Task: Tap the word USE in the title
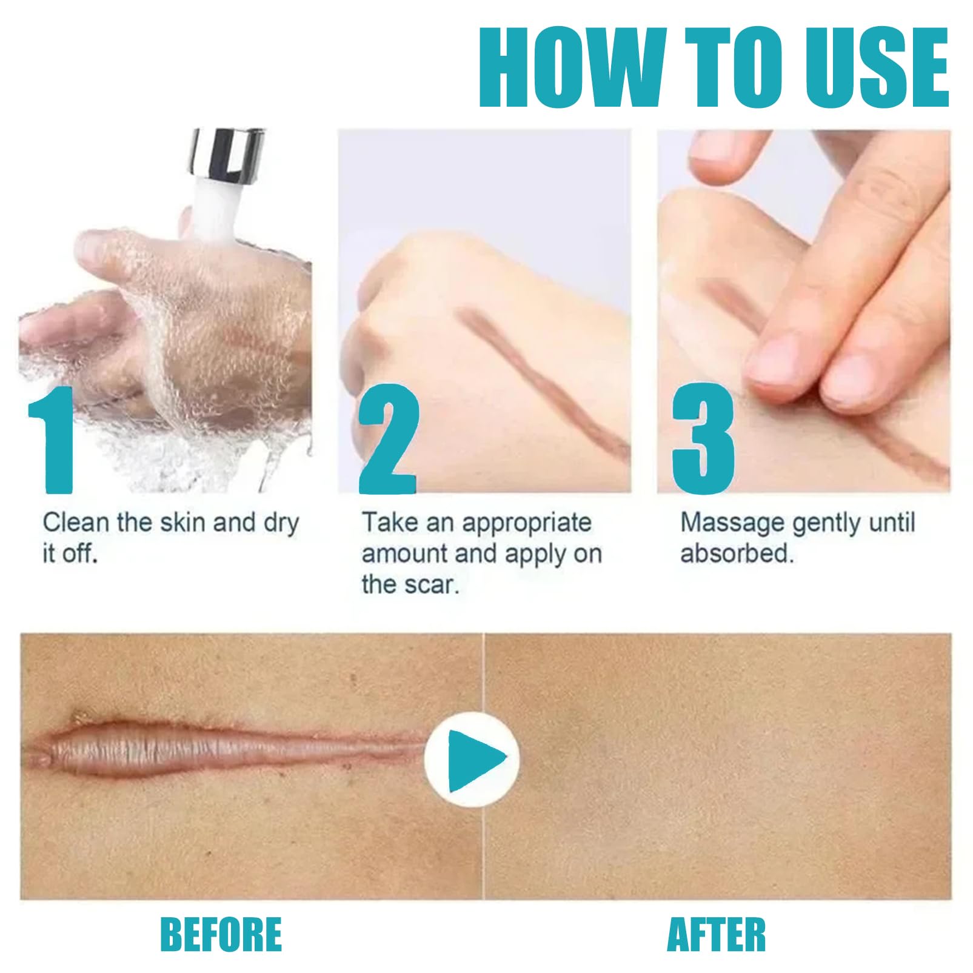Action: [x=877, y=68]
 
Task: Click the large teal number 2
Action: [x=389, y=439]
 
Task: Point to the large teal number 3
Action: [x=703, y=439]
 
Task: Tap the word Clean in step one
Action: [x=76, y=522]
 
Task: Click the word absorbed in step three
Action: [x=737, y=553]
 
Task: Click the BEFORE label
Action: [x=221, y=934]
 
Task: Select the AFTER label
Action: [x=716, y=934]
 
